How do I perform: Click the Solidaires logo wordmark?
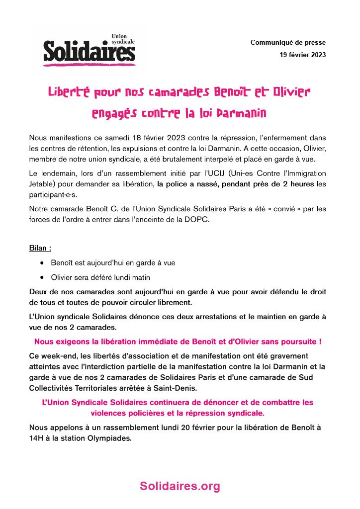click(x=89, y=52)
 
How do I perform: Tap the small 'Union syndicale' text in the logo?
click(x=123, y=40)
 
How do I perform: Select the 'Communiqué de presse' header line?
click(x=288, y=43)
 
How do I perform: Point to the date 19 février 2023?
click(x=303, y=55)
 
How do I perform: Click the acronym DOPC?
click(x=199, y=220)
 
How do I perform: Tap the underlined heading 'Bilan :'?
click(x=40, y=247)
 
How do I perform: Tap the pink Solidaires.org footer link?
click(x=180, y=486)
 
